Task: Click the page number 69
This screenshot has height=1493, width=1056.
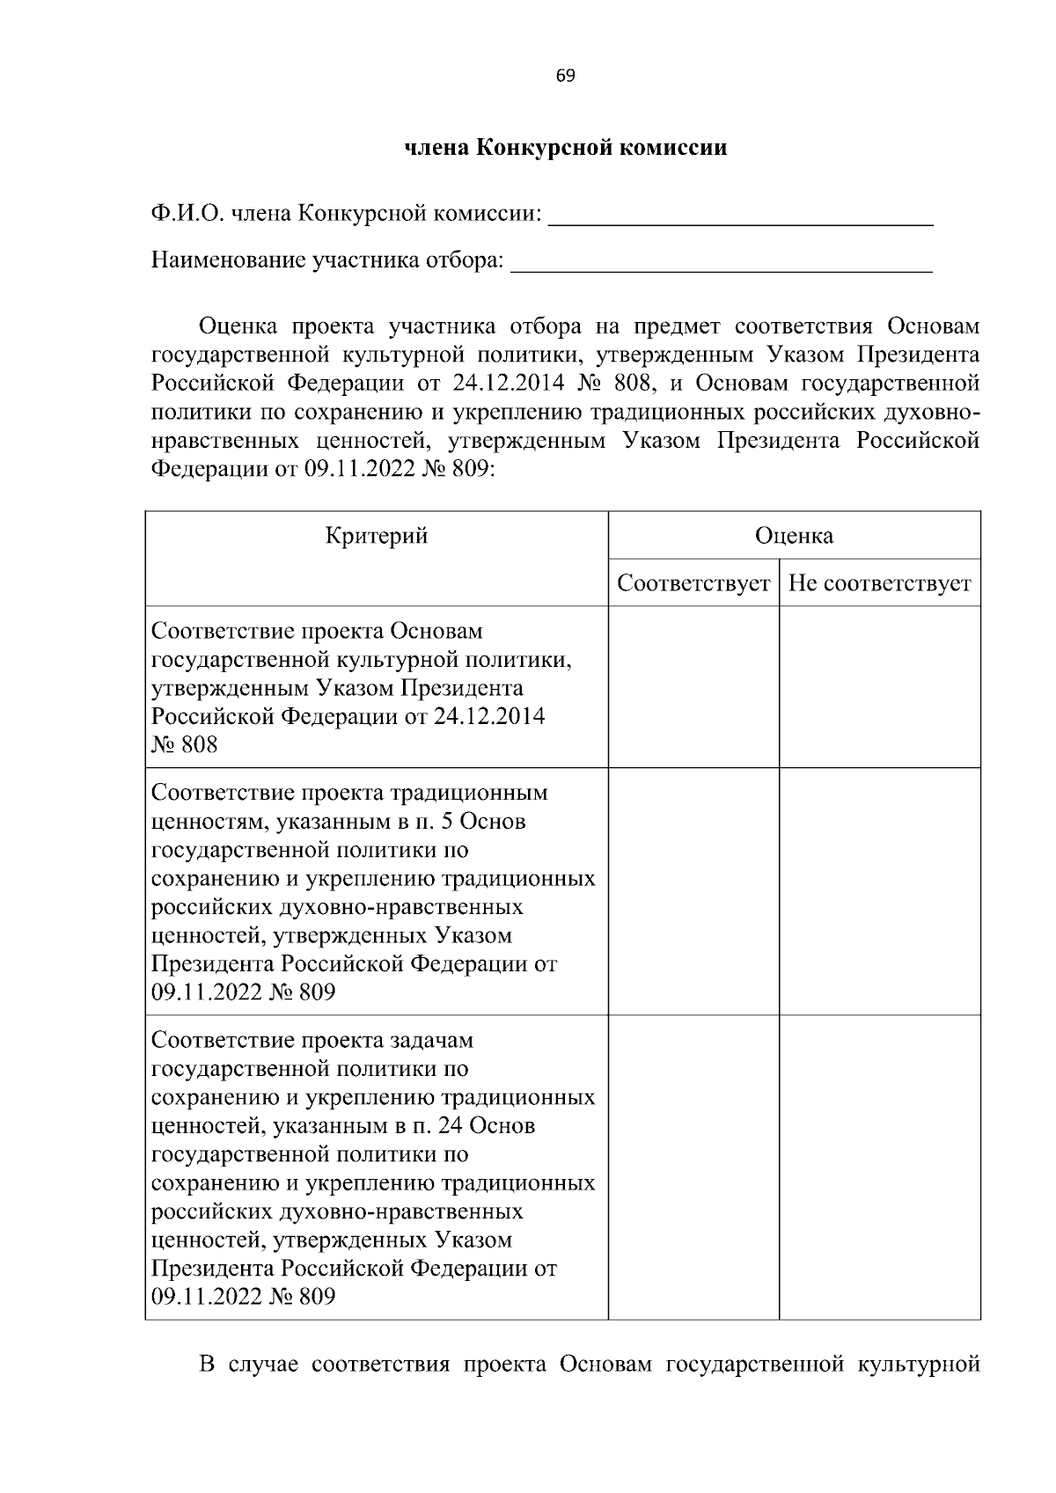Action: tap(565, 77)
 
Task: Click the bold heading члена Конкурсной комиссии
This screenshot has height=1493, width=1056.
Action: tap(565, 147)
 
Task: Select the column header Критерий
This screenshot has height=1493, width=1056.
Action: tap(377, 536)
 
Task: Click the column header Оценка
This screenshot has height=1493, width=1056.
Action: tap(794, 536)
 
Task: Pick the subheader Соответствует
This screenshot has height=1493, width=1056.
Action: tap(693, 583)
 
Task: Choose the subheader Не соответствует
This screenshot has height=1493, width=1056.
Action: tap(879, 583)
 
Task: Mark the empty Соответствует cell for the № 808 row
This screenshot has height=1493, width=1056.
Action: tap(693, 686)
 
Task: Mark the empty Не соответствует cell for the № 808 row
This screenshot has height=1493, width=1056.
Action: tap(879, 686)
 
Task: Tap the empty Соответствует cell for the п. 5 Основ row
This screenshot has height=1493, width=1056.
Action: tap(693, 891)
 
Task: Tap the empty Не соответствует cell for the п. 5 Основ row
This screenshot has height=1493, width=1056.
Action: tap(879, 891)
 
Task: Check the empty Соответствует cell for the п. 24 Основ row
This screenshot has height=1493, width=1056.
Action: tap(693, 1167)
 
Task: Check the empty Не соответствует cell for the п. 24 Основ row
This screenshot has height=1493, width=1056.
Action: tap(879, 1167)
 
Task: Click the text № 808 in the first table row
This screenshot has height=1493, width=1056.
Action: tap(184, 745)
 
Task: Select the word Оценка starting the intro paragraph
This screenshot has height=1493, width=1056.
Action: tap(238, 327)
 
